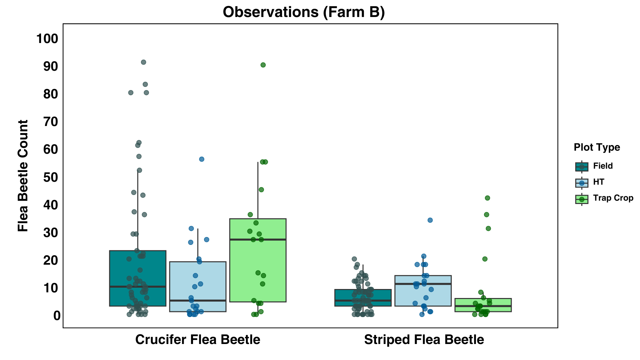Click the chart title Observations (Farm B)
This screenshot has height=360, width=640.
304,12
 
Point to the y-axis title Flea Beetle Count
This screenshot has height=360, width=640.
23,176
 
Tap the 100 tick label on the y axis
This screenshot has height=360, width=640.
47,39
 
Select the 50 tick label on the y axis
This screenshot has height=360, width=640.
51,177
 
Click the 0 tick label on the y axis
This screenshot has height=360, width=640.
57,315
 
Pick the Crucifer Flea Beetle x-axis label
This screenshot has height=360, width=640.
198,340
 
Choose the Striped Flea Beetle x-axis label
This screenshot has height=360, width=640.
424,340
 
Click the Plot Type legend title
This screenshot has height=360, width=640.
597,147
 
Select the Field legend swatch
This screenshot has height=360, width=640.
582,166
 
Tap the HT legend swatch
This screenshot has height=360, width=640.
582,183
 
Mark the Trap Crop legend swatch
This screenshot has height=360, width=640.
582,199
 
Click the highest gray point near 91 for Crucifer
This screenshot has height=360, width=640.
143,62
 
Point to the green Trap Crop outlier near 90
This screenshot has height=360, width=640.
263,65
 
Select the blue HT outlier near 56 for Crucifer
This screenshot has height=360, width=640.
202,159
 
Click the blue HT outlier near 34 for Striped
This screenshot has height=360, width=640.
430,220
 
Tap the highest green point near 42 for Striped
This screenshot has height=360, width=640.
487,198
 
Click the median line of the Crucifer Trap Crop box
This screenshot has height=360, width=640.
258,240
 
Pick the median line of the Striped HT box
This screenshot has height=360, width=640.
423,284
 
